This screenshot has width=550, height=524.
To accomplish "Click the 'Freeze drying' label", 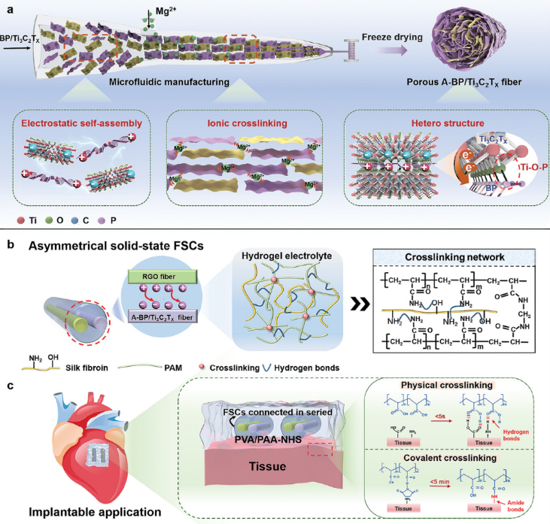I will (x=406, y=34).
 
